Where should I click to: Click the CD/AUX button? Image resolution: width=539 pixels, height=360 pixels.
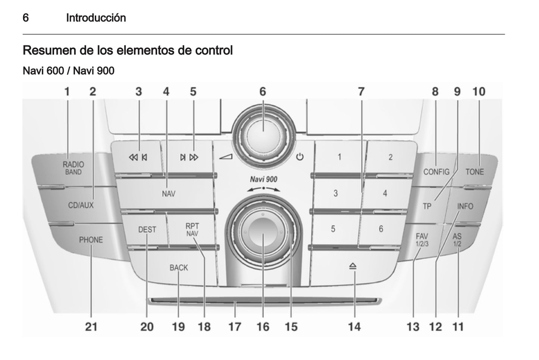(x=81, y=205)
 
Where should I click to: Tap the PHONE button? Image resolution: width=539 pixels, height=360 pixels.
(x=91, y=240)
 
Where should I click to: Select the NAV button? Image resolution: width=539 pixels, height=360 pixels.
(x=169, y=193)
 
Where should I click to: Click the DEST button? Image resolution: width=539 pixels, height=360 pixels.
(x=147, y=230)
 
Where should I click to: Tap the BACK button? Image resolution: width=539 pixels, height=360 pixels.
(x=179, y=268)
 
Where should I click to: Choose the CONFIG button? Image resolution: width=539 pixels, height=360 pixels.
(x=436, y=172)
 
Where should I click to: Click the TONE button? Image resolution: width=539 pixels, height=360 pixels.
(x=474, y=172)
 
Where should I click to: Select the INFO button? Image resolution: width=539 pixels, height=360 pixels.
(x=465, y=206)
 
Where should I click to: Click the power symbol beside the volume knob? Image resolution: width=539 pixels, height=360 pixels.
(x=300, y=157)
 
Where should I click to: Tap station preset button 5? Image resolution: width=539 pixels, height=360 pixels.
(x=333, y=229)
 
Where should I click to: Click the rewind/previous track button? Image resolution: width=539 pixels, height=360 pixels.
(x=138, y=157)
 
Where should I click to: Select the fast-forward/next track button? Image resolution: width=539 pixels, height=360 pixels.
(x=189, y=157)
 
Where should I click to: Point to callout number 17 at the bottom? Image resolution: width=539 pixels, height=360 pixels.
(x=235, y=327)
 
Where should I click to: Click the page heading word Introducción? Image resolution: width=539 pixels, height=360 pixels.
(x=96, y=18)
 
